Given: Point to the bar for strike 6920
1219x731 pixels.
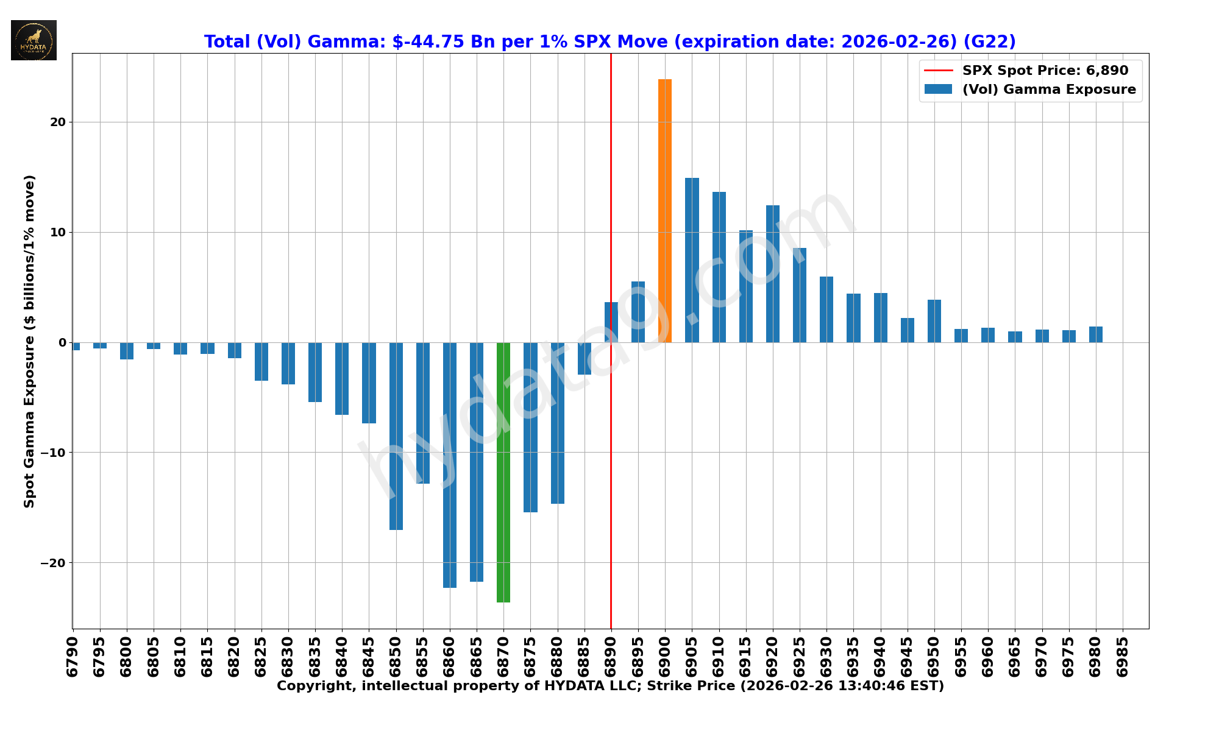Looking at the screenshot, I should point(773,274).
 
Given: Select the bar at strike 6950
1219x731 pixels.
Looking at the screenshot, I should point(934,321).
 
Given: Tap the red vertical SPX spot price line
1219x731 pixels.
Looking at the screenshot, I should point(611,183).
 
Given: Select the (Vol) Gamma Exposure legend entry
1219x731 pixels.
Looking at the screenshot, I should point(1048,90).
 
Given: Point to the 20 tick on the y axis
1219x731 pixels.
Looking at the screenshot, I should point(59,122).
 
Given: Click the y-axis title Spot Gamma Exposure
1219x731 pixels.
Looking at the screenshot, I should point(29,341).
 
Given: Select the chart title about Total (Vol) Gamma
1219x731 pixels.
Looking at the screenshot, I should point(609,41).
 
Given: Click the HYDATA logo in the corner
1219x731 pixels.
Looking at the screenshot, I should point(34,40).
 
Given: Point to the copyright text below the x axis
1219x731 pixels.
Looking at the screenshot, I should point(610,687).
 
